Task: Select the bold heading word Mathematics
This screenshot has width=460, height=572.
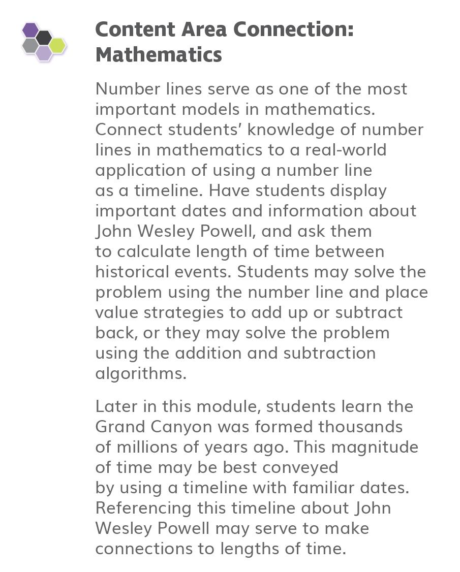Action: coord(159,54)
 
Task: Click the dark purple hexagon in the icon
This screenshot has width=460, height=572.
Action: coord(30,30)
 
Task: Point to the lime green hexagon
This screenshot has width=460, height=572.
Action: coord(57,45)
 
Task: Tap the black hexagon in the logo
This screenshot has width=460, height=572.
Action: coord(44,37)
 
